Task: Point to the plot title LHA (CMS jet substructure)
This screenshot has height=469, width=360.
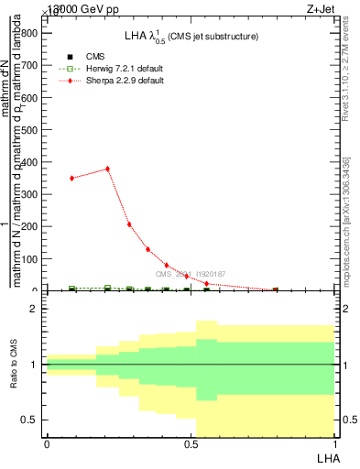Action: click(191, 36)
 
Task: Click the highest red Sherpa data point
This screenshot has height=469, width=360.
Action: click(108, 169)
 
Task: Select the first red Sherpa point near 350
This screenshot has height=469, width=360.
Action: click(71, 178)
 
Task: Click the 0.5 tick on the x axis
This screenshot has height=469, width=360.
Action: click(191, 443)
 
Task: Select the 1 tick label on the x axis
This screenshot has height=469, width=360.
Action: click(333, 443)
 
